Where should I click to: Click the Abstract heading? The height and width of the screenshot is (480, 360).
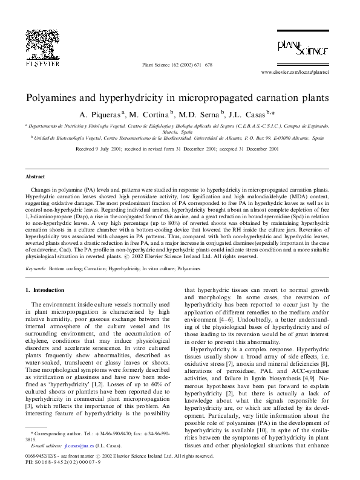[34, 177]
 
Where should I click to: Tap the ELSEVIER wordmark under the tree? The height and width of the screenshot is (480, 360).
[42, 63]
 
